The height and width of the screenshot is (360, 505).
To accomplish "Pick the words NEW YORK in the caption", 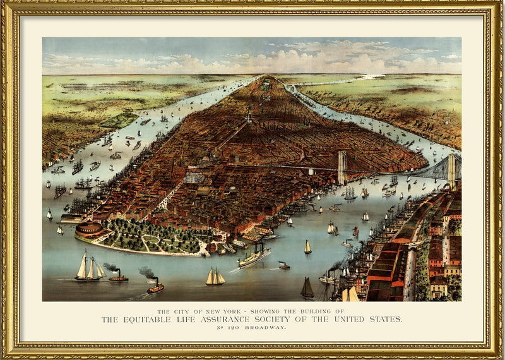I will pos(214,311).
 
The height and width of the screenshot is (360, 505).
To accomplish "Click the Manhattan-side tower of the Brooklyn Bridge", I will pos(342,167).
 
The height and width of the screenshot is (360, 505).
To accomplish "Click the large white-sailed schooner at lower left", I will pos(90,266).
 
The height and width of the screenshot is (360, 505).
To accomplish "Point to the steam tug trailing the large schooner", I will pos(118,276).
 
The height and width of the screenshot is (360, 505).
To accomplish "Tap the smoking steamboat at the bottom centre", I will pos(155,287).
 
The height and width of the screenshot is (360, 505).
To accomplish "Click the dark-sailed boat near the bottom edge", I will pos(307,289).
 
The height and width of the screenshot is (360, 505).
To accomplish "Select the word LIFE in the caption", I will pos(198,319).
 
